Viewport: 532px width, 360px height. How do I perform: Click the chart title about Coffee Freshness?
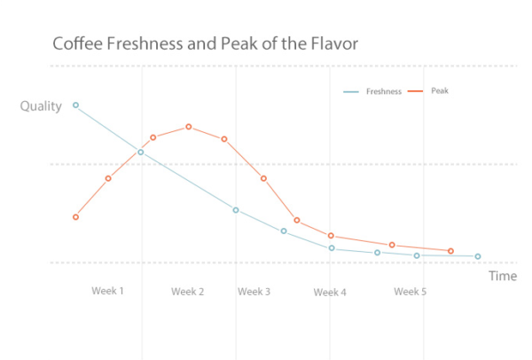click(x=205, y=43)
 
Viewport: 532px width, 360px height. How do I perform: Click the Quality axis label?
click(x=41, y=106)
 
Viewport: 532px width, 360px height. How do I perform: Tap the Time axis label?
click(x=502, y=276)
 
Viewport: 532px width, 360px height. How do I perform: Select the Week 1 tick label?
click(x=107, y=291)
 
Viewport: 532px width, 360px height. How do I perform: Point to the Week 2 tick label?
click(x=188, y=292)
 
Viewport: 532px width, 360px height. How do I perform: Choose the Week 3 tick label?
click(x=254, y=292)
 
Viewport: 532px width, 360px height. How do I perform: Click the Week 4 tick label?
click(x=330, y=293)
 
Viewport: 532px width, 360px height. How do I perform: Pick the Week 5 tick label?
click(x=410, y=292)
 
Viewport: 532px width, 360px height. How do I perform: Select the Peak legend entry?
click(x=439, y=91)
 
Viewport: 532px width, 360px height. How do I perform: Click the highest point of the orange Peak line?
click(x=189, y=127)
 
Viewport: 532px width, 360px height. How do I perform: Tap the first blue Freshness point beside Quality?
click(x=75, y=105)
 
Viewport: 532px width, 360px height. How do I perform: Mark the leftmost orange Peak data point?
click(x=76, y=217)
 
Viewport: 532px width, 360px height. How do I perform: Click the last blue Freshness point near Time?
click(x=478, y=256)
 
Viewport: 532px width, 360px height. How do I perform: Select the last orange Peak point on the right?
click(x=450, y=251)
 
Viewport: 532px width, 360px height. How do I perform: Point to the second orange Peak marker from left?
click(x=108, y=178)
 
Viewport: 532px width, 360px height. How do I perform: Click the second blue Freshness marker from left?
click(x=140, y=152)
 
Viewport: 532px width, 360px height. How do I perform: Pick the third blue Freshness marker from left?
click(x=236, y=209)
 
